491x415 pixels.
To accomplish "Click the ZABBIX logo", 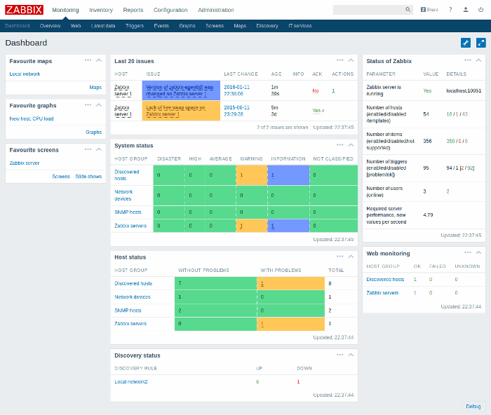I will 25,10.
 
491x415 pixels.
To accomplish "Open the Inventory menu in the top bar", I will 101,10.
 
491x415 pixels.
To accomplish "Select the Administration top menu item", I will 216,10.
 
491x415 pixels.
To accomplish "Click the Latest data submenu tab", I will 103,25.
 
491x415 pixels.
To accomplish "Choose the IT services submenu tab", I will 300,25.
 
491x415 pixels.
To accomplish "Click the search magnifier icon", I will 408,10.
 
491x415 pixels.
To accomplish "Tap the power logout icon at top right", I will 480,10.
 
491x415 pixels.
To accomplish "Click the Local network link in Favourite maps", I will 25,74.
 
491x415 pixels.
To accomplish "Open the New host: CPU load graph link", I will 31,118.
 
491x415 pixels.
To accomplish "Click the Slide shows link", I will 88,177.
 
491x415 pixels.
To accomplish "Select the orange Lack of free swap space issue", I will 175,110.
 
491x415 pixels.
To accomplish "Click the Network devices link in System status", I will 123,194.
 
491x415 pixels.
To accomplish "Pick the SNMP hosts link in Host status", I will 128,310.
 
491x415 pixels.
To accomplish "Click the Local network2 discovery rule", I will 131,381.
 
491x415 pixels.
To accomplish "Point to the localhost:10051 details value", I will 464,90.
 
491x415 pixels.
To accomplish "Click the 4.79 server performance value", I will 428,215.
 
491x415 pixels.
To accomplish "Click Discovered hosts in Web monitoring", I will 385,279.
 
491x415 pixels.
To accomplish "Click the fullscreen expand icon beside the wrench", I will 480,43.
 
